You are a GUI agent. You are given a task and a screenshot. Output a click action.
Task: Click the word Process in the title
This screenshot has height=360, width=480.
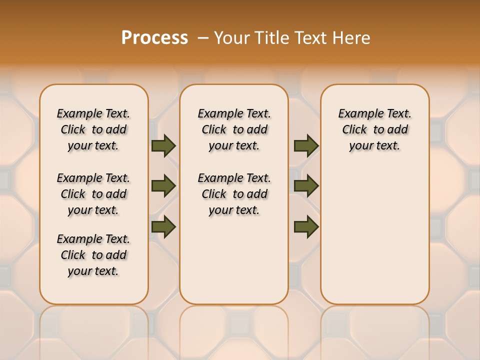click(x=154, y=37)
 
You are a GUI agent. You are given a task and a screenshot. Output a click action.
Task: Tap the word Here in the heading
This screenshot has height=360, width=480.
click(x=351, y=38)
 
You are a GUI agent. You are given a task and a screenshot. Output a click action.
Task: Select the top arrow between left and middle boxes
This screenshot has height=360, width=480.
click(x=163, y=146)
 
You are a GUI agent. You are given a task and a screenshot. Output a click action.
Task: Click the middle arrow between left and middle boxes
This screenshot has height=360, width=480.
click(x=163, y=186)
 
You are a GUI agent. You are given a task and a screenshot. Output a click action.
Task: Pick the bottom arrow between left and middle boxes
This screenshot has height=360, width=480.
click(x=163, y=227)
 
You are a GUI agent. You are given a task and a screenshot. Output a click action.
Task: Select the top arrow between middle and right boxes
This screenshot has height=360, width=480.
click(x=306, y=146)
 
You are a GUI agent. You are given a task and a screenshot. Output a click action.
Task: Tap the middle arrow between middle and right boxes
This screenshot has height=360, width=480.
click(x=306, y=186)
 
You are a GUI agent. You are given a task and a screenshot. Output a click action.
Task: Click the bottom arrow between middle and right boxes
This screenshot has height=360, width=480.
click(x=306, y=227)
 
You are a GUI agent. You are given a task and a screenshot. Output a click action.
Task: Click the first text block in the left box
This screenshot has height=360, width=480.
click(x=93, y=129)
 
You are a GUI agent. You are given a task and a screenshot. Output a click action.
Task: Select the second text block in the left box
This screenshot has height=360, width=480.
click(x=93, y=194)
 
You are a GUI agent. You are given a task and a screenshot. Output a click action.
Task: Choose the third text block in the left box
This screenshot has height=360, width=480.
click(x=93, y=255)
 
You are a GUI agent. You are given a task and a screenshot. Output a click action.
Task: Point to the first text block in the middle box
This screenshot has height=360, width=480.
click(x=234, y=129)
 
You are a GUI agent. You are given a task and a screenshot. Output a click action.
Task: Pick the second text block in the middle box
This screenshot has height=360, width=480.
click(x=234, y=194)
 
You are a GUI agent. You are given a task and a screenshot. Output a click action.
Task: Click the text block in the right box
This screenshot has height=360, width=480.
click(x=375, y=129)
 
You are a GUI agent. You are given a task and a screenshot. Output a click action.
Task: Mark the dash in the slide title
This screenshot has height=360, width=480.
click(x=203, y=38)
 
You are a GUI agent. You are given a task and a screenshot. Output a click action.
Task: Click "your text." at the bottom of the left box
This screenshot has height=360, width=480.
click(x=93, y=271)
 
